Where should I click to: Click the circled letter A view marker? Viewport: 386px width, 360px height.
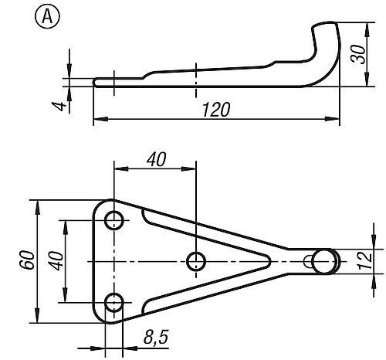tap(47, 16)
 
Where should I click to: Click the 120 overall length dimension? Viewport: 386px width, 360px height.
tap(215, 110)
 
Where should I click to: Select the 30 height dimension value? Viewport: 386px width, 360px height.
tap(358, 55)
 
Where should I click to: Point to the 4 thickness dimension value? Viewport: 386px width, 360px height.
tap(58, 106)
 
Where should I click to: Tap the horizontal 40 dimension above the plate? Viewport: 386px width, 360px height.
tap(157, 159)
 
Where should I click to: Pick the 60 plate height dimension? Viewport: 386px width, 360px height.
tap(27, 260)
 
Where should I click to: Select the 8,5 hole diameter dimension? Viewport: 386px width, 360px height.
tap(156, 337)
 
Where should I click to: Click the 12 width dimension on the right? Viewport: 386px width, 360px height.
tap(364, 260)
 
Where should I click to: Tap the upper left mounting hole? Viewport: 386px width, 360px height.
tap(113, 220)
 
